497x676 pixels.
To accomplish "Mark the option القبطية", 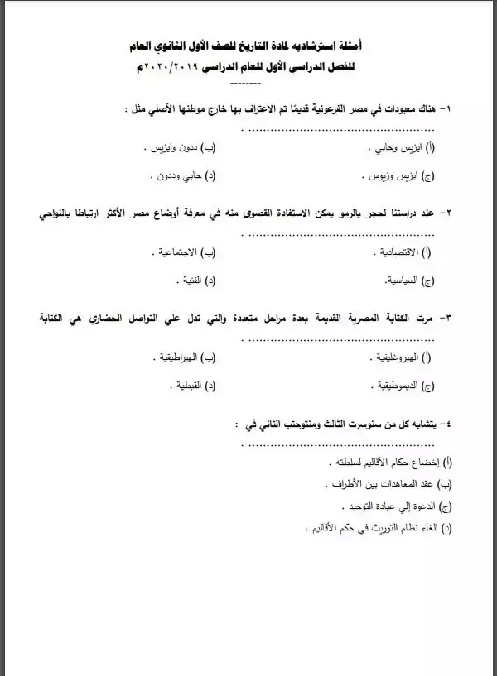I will click(x=187, y=386).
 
